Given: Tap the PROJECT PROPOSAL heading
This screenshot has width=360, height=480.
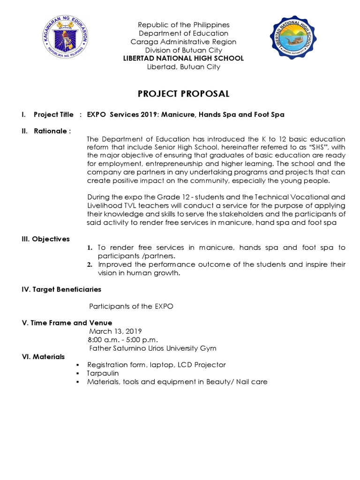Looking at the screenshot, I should point(183,94).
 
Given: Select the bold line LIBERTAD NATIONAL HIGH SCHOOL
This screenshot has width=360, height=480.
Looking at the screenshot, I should point(183,59).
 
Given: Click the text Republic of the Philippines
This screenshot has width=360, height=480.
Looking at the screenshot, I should point(183,25).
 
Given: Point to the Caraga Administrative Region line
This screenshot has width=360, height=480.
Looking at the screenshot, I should point(183,42).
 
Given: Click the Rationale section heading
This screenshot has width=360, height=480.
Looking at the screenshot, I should point(52,131).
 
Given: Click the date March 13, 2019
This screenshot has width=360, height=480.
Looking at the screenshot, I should point(115,331).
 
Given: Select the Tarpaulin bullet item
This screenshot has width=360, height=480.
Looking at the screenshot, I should point(103,373).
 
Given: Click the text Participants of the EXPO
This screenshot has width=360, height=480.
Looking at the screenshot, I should point(131,306).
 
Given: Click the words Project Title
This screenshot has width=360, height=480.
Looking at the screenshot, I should point(53,114).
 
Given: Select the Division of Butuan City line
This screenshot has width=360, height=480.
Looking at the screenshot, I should point(183,50).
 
